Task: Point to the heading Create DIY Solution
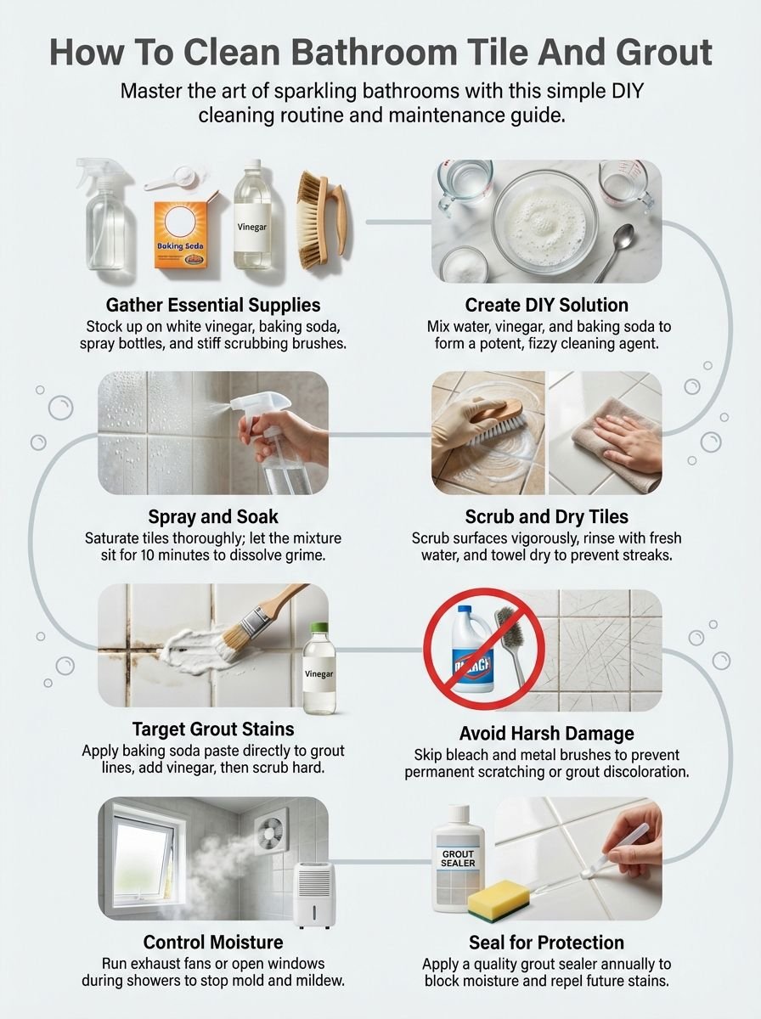point(546,305)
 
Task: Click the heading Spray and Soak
point(213,516)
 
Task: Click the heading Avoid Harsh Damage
point(546,733)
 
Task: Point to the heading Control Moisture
point(213,942)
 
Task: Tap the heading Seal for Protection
point(546,942)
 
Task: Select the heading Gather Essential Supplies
point(213,305)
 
